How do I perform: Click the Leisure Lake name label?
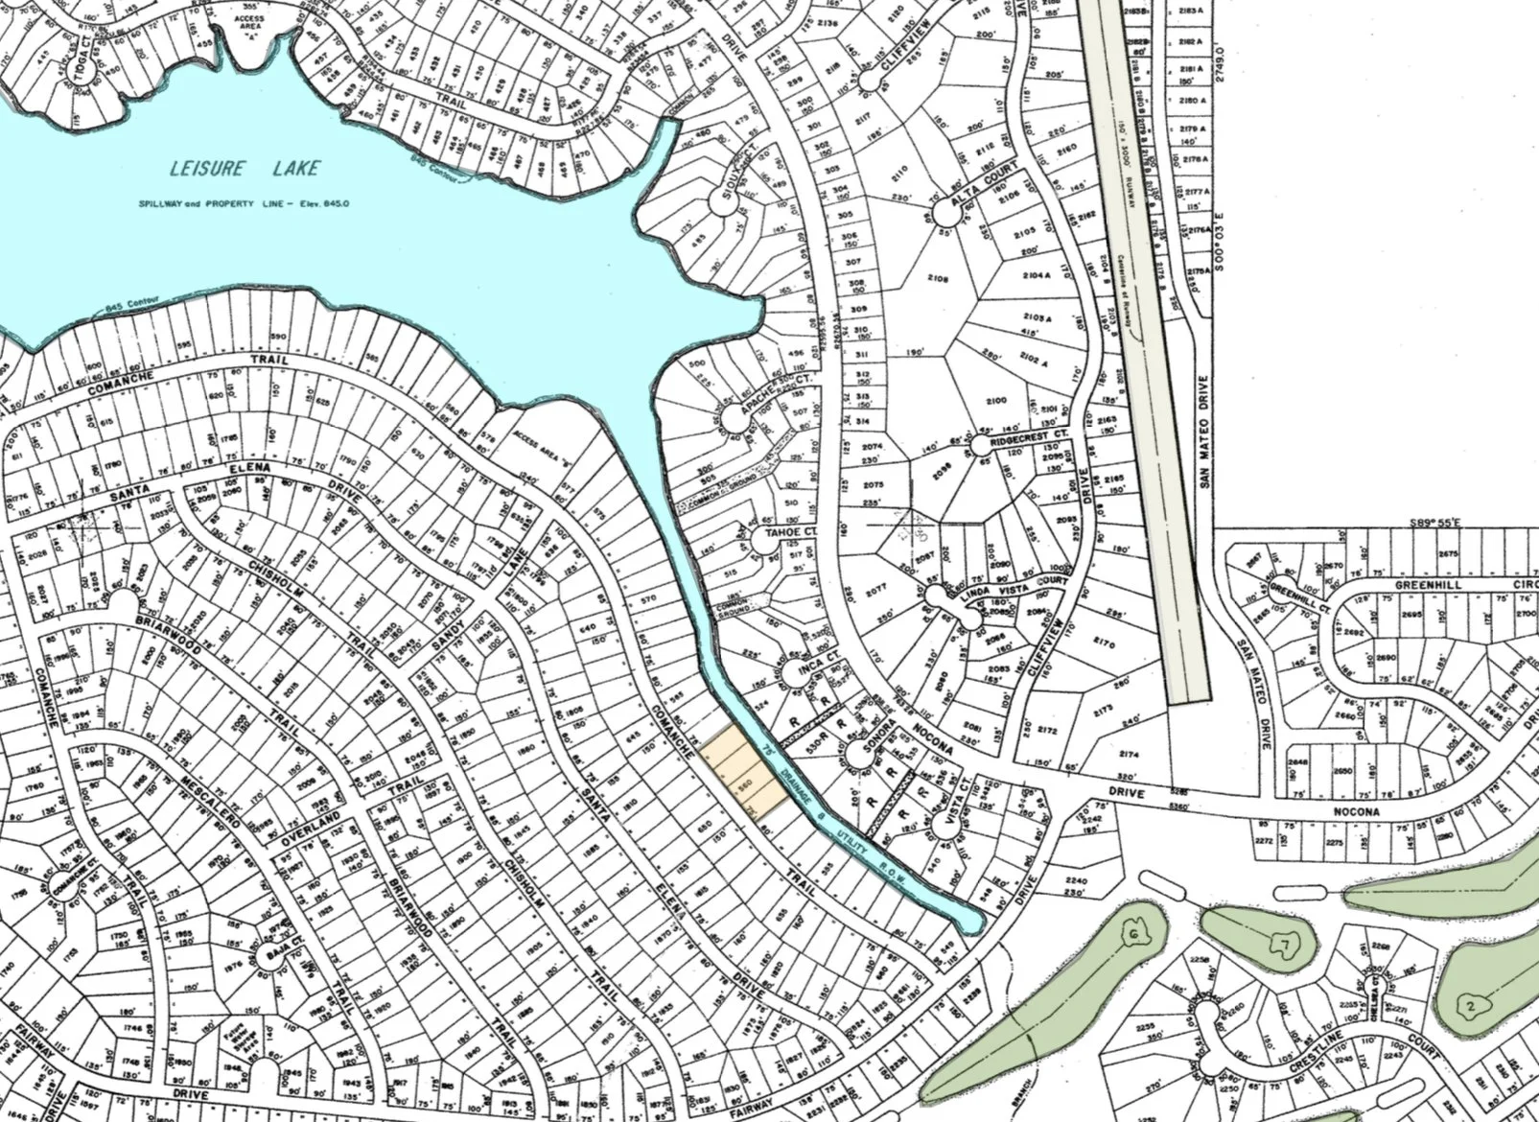pos(245,170)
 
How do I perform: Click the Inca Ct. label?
pos(827,660)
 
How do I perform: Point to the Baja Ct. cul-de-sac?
pos(267,956)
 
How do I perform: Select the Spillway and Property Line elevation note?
pos(243,204)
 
